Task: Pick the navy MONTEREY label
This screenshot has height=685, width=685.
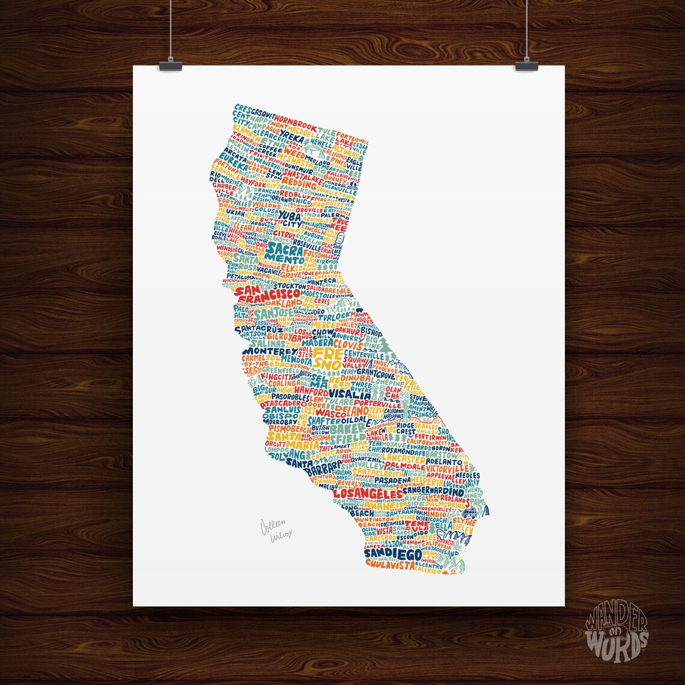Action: point(270,351)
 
